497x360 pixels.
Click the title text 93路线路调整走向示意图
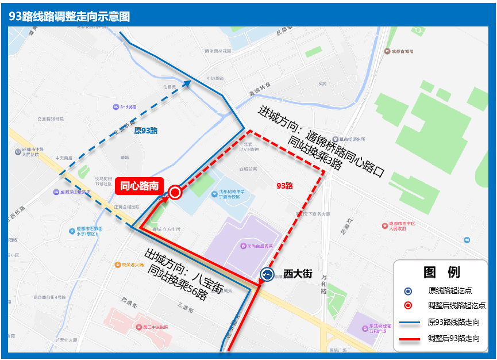pos(70,17)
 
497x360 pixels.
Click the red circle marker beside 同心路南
pos(175,193)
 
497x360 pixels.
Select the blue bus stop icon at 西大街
pos(267,275)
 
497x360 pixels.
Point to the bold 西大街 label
pos(298,274)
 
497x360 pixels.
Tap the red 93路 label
pos(284,186)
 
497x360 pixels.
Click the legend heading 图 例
pos(441,272)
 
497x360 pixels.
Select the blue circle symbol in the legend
pos(408,290)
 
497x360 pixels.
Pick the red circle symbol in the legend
pos(408,305)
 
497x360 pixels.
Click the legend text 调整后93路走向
pos(453,338)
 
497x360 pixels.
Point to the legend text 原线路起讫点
pos(450,290)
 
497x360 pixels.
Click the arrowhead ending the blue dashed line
pos(188,83)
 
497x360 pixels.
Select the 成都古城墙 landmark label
pos(402,51)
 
